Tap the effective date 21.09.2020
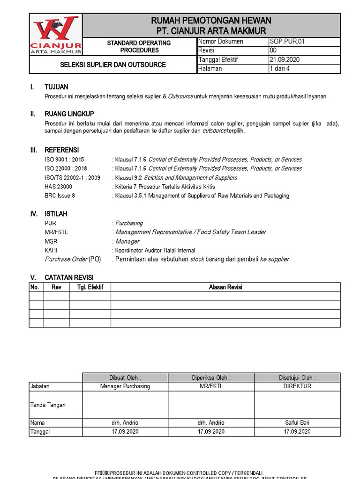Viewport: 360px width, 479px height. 285,59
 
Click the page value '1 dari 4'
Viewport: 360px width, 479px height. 280,69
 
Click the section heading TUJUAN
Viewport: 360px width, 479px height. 56,87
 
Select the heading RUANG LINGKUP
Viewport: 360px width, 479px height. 69,114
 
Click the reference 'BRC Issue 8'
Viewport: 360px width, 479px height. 60,196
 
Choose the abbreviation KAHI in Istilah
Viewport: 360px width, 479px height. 51,250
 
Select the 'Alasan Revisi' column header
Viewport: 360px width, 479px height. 225,287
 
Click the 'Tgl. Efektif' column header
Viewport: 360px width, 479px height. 90,287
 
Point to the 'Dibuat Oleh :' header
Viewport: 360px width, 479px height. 125,377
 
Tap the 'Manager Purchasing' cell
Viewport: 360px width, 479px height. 125,386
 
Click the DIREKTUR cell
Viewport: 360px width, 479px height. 297,386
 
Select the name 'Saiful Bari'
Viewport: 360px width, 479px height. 297,422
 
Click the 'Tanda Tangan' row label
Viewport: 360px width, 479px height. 48,405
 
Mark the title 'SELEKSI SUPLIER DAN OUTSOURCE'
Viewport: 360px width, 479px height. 112,65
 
